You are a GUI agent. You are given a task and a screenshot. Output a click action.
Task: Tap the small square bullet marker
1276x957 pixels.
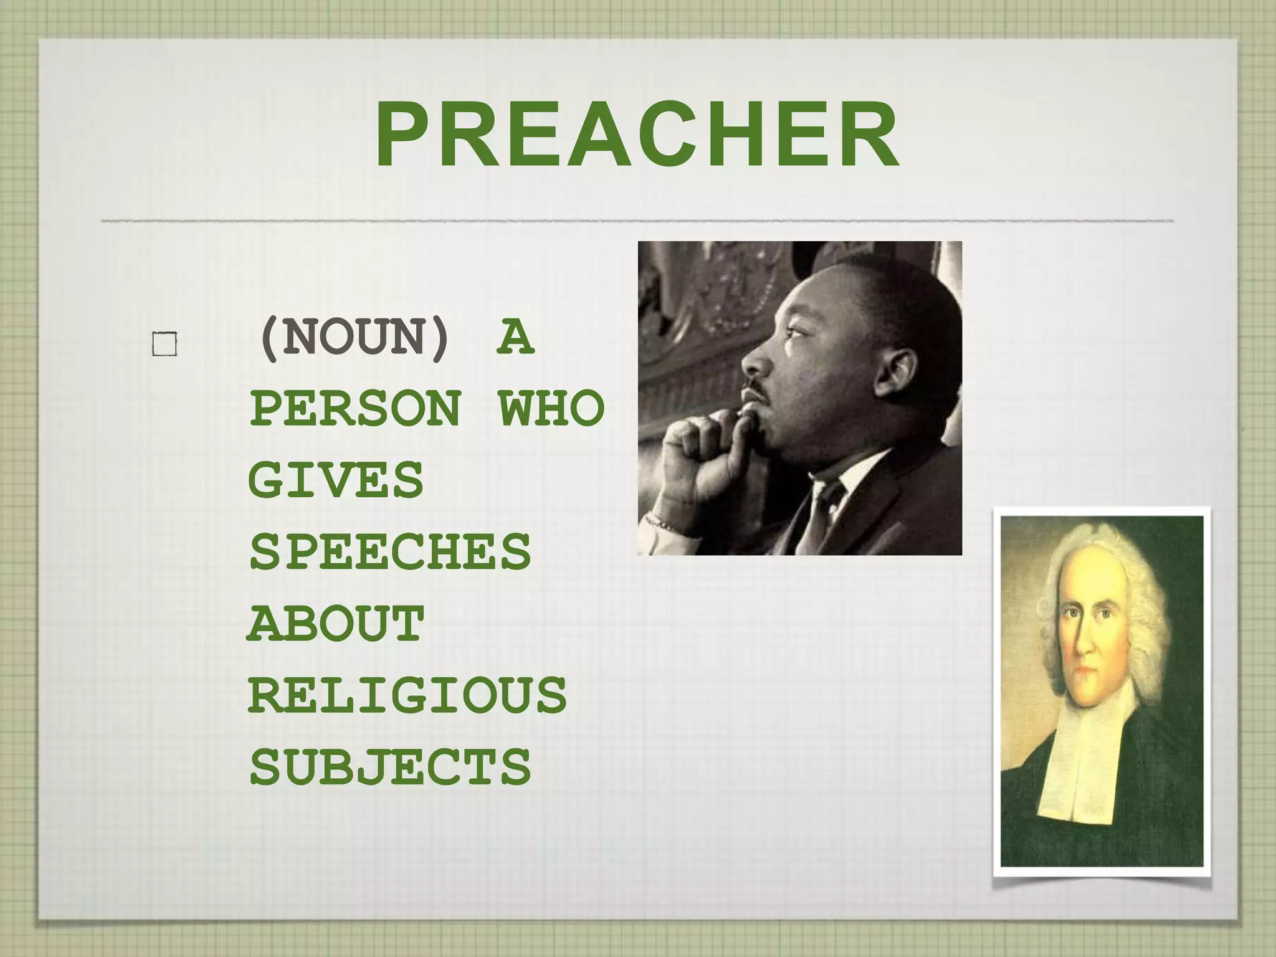click(x=164, y=344)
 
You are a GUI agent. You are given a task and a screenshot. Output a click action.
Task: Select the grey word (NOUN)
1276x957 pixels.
click(x=354, y=338)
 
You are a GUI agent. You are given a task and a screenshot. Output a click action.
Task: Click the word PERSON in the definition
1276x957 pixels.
click(x=356, y=409)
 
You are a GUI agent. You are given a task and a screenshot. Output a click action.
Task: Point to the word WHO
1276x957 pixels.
click(x=551, y=409)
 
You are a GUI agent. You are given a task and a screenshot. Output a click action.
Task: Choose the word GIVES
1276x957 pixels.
click(x=336, y=480)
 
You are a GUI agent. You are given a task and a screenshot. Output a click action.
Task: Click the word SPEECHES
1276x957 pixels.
click(x=390, y=552)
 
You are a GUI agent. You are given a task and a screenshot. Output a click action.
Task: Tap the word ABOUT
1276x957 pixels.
click(x=336, y=624)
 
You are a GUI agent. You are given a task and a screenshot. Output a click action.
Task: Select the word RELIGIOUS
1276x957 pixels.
click(x=407, y=695)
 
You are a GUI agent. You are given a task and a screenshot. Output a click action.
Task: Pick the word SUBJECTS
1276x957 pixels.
click(x=390, y=767)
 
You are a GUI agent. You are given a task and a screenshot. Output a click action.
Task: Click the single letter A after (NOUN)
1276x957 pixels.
click(x=516, y=338)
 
